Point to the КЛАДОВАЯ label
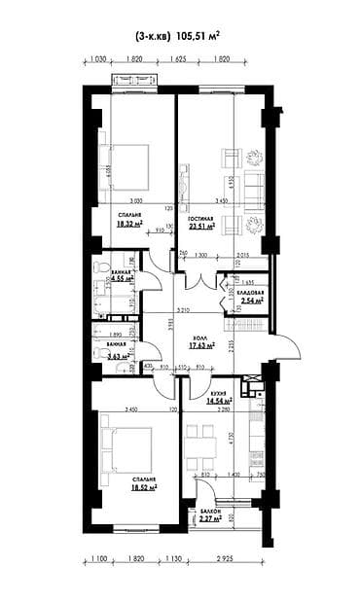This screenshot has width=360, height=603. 250,291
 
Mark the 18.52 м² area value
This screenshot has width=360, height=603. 143,487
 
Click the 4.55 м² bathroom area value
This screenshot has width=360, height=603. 122,278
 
